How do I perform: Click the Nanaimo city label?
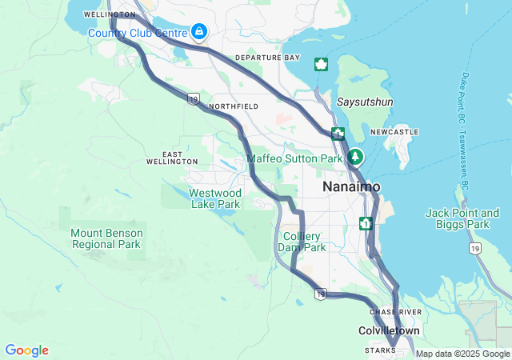(x=351, y=186)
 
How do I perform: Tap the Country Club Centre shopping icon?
(x=198, y=32)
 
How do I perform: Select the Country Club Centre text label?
(x=137, y=33)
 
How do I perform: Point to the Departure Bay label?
(x=267, y=58)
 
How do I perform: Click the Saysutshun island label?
(x=364, y=103)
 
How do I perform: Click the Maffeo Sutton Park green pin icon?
(x=354, y=158)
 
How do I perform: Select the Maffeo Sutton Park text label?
(x=294, y=158)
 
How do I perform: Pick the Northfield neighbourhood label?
(x=233, y=106)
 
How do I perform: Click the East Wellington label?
(x=172, y=158)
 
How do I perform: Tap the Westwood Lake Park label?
(x=214, y=198)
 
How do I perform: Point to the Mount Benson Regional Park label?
(x=106, y=238)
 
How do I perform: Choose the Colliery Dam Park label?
(x=303, y=242)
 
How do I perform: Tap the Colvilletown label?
(x=388, y=330)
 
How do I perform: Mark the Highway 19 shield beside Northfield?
(x=193, y=98)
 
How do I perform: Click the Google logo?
(x=26, y=350)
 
